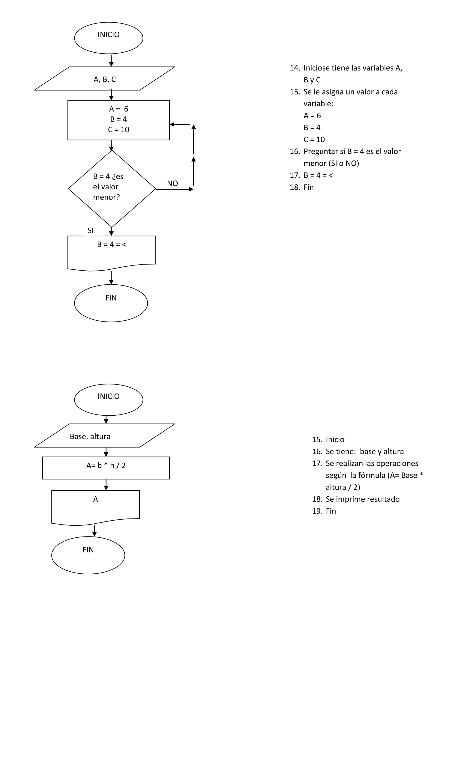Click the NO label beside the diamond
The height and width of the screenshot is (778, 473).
[x=172, y=183]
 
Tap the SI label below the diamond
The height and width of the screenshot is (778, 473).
[x=91, y=230]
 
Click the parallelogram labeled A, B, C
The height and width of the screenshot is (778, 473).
[x=105, y=79]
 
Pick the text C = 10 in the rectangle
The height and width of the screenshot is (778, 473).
[x=118, y=129]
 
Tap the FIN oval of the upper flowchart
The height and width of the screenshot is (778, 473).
[x=111, y=303]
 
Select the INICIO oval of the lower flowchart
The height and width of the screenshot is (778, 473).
[x=109, y=399]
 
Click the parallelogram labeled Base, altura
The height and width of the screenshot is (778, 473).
[x=105, y=436]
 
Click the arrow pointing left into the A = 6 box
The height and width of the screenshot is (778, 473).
[x=180, y=124]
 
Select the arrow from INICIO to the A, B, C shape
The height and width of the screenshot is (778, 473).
[x=111, y=61]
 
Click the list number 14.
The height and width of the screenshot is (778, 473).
[x=294, y=68]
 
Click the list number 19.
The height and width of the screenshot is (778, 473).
[x=317, y=511]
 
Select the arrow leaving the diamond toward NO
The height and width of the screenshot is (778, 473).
[x=174, y=189]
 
